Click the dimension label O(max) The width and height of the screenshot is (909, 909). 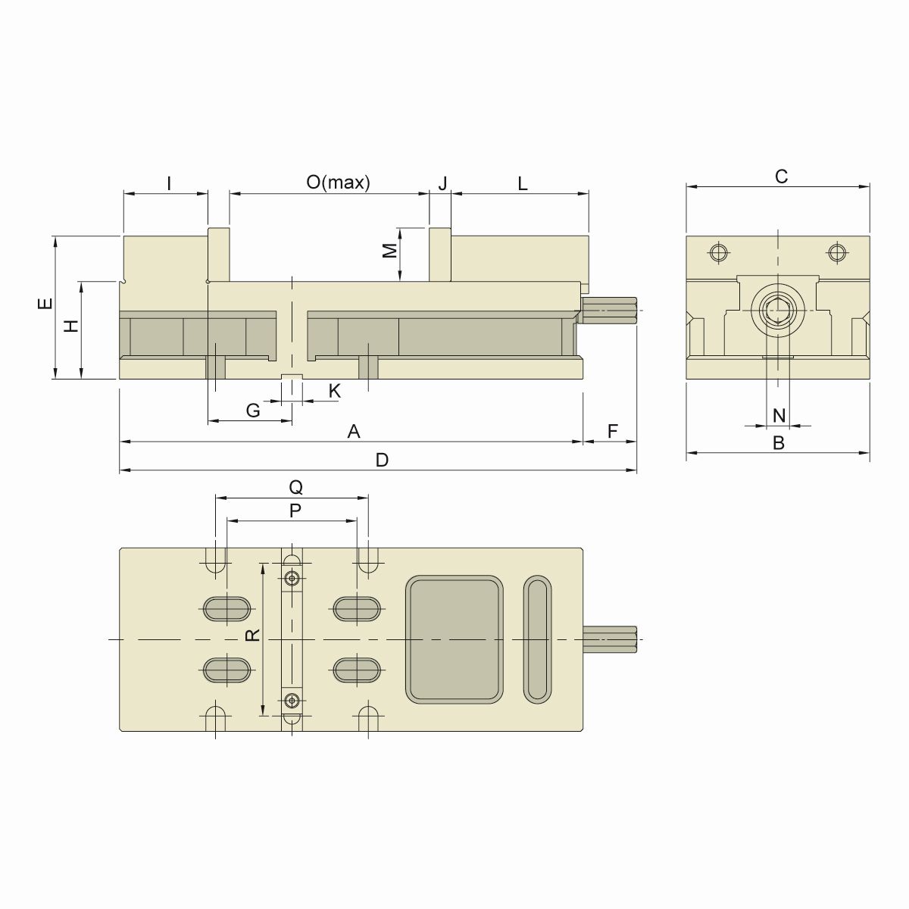pos(338,183)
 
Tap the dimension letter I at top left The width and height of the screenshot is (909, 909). pos(169,183)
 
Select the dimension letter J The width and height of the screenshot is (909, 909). pos(443,183)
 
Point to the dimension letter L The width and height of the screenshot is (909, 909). pos(523,183)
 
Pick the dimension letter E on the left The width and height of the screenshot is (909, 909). pos(45,305)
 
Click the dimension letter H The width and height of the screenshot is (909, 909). pos(71,326)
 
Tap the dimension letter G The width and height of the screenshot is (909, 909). pos(253,411)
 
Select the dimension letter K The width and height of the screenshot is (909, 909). pos(334,391)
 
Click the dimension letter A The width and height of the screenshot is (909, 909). pos(353,432)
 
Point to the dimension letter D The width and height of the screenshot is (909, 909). pos(382,461)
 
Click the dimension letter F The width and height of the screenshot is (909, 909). pos(613,432)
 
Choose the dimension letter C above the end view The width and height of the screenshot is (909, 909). pos(781,176)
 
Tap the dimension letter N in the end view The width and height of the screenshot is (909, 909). pos(779,416)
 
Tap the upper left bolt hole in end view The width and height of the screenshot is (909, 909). pos(719,252)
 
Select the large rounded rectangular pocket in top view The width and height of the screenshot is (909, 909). pos(455,639)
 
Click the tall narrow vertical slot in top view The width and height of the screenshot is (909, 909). pos(538,639)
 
